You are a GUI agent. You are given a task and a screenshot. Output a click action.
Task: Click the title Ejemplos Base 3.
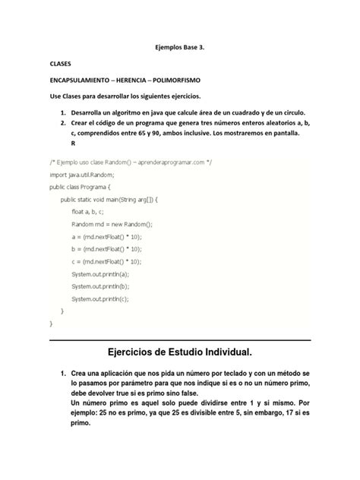[x=179, y=47]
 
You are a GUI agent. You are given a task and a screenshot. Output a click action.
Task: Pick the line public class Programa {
[x=80, y=186]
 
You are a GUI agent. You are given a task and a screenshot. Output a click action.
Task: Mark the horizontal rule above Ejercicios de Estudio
[x=180, y=340]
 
